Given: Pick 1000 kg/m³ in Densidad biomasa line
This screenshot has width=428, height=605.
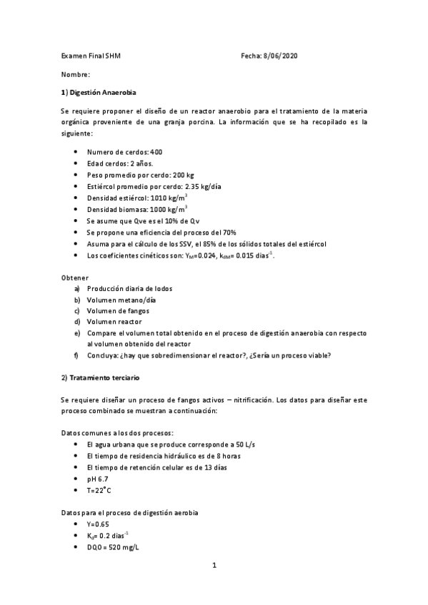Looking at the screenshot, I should click(x=168, y=209).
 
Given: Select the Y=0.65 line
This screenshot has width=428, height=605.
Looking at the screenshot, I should click(x=99, y=524).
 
